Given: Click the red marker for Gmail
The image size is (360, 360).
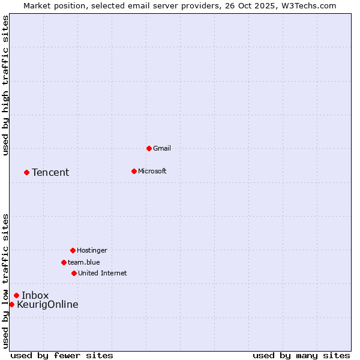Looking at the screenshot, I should click(149, 148).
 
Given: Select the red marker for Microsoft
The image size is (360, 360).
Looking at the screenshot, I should click(134, 171).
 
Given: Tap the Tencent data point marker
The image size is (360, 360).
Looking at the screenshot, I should click(26, 172).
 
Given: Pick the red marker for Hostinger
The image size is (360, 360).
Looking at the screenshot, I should click(73, 250).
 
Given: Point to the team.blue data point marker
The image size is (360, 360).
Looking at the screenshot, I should click(64, 262).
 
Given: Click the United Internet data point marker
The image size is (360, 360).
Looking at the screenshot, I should click(74, 273).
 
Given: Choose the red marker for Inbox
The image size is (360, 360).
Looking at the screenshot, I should click(16, 295).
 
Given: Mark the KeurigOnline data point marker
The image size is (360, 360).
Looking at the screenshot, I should click(11, 304).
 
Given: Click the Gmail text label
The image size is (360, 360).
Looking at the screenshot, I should click(162, 148).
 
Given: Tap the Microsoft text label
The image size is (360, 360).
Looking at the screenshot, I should click(152, 171).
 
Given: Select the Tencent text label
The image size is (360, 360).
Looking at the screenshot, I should click(50, 173).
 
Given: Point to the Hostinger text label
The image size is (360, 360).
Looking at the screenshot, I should click(92, 250).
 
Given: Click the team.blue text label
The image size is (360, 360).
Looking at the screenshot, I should click(84, 262).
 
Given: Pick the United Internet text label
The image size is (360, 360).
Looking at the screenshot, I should click(103, 273).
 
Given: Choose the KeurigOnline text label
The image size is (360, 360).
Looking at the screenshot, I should click(47, 305).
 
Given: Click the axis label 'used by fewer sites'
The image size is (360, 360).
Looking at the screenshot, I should click(62, 355).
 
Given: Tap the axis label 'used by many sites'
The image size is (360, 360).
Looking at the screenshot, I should click(301, 355).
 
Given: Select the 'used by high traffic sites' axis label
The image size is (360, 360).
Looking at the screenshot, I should click(6, 85).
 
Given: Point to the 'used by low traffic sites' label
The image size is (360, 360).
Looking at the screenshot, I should click(6, 281).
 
